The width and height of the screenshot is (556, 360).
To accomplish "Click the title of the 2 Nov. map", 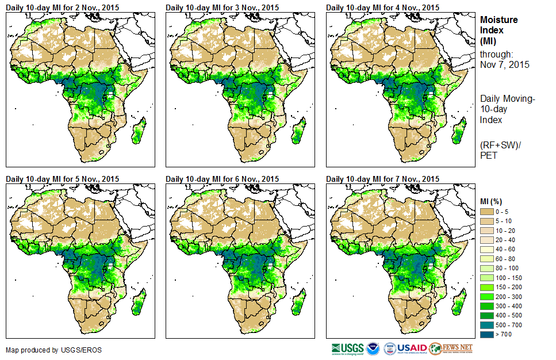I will click(62, 7).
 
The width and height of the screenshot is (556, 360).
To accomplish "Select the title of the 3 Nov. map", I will click(222, 7).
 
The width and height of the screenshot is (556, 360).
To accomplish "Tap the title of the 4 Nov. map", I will click(382, 7).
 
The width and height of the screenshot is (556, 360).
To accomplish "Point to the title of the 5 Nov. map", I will click(62, 179).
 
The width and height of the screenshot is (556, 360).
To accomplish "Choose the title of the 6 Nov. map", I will click(222, 179).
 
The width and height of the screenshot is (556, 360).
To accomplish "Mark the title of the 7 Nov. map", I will click(382, 179).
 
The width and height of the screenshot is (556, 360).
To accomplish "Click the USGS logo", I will click(347, 348).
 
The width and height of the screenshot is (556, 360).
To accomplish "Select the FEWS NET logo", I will click(451, 348).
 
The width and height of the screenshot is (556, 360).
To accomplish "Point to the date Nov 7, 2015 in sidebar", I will click(505, 64).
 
